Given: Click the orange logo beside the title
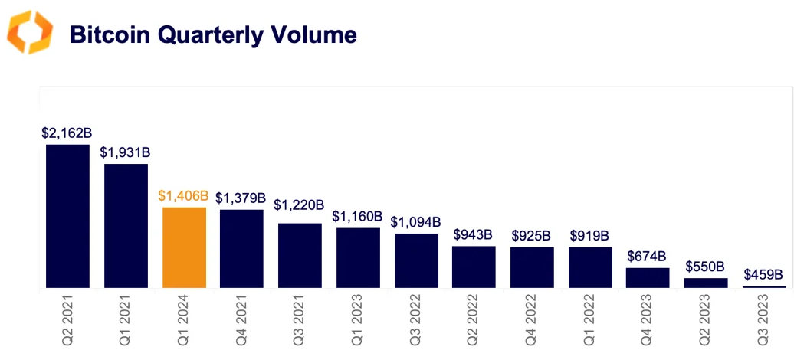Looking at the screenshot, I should pos(30,33).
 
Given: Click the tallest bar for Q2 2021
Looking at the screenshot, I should pos(67,216).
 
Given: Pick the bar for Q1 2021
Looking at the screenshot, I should pos(126,226).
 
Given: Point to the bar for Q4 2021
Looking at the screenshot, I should pos(241,249).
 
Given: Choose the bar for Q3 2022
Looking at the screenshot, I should pos(416,260).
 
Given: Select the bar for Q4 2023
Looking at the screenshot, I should pos(648,277).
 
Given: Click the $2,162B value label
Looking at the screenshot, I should pos(67,133).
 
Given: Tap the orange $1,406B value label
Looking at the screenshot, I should pos(183,196).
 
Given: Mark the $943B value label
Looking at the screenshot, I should pos(474,234).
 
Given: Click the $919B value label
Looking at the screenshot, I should pos(589,235).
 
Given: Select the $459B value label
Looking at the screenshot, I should pos(763,274).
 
